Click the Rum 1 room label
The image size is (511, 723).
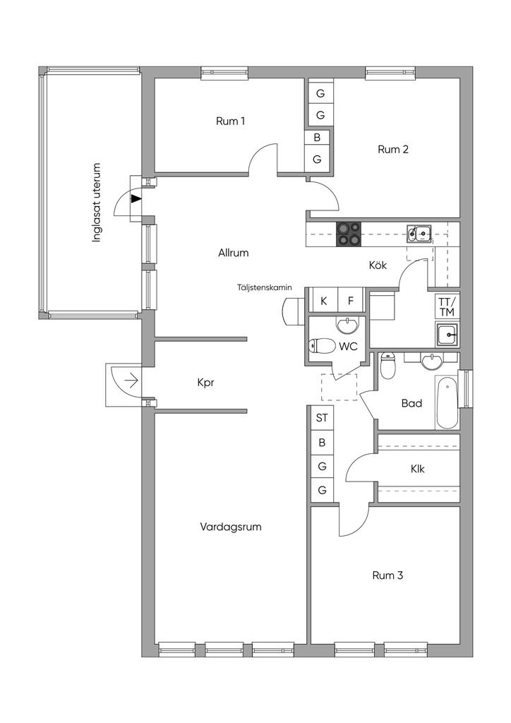pos(231,121)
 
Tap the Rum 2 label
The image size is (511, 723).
pos(393,150)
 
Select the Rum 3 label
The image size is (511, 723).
pos(387,576)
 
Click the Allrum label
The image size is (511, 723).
pos(234,252)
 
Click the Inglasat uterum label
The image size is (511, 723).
pos(98,203)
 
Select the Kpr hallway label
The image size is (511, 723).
pos(205,383)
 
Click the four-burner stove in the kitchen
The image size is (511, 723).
pos(348,234)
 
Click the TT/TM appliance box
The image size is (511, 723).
pos(446,307)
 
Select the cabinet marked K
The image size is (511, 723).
pos(324,301)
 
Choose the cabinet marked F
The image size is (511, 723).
pos(350,301)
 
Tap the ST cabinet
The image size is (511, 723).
pos(322,418)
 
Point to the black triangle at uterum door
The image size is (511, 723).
pos(136,199)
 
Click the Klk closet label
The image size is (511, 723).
pos(417,469)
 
